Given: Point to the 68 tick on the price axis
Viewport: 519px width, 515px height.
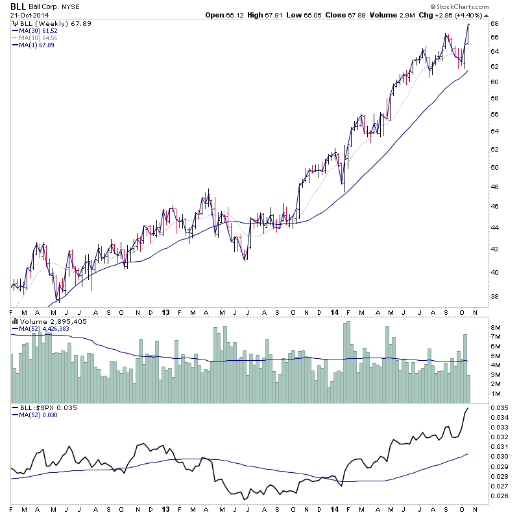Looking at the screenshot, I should tap(494, 24).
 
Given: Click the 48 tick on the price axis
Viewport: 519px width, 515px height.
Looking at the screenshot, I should tap(494, 187).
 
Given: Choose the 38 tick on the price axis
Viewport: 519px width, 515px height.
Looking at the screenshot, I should tap(494, 297).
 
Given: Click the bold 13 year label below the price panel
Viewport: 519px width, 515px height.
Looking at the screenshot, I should tap(166, 312).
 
